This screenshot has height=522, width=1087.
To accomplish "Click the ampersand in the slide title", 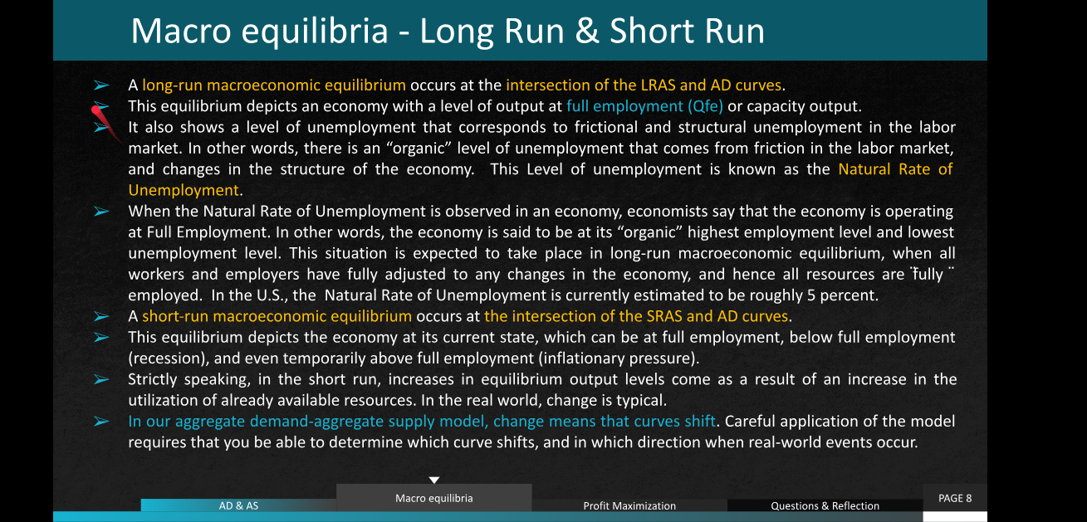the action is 586,31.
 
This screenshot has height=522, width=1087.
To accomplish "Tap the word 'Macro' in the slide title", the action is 180,31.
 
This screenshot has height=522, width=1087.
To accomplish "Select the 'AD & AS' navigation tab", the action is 238,505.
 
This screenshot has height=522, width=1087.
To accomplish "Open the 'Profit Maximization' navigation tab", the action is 629,505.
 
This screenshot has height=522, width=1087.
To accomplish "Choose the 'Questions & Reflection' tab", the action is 825,505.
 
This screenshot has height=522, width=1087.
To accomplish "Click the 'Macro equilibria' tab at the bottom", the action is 433,498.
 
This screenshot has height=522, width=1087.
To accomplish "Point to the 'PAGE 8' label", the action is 955,498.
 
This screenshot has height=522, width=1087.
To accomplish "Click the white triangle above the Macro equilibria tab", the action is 434,480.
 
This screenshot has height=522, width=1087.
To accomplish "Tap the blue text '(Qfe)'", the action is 705,106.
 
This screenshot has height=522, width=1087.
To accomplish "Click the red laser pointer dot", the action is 96,111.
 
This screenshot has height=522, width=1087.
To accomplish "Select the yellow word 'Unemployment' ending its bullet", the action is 184,190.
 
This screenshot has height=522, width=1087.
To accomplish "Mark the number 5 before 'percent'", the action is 811,295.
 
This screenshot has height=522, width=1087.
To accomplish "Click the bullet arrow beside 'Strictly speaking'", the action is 101,379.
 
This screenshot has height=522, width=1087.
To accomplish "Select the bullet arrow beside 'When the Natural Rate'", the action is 101,211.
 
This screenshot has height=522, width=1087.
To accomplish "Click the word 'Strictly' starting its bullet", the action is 152,379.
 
